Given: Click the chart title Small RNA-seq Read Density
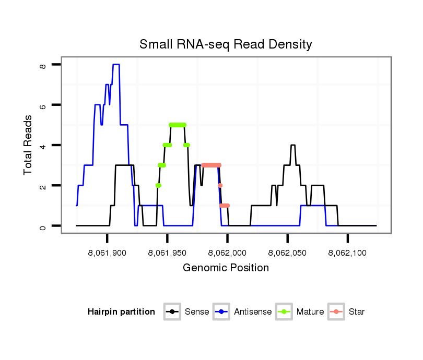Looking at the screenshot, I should (x=226, y=44).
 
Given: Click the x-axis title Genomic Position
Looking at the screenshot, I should (x=226, y=268).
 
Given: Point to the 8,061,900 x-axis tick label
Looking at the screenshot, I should (x=107, y=253).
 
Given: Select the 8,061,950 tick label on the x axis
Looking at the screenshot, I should (x=167, y=253).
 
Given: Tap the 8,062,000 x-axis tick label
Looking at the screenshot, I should (x=228, y=253).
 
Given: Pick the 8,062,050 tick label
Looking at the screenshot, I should (x=288, y=253).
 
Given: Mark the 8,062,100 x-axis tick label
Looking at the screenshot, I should (x=348, y=253).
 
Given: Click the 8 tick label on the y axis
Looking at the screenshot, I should (x=43, y=65).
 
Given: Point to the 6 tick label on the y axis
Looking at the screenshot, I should (x=43, y=105).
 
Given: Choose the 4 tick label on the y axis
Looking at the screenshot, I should (x=43, y=145).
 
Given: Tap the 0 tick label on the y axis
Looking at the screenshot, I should (x=43, y=226).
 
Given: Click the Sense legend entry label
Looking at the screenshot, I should (x=197, y=312).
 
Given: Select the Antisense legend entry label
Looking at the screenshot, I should (x=253, y=312).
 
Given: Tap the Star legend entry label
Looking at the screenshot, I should (x=357, y=312).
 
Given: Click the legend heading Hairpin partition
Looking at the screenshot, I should (x=121, y=312).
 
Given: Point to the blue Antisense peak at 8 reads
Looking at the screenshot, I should (x=116, y=65).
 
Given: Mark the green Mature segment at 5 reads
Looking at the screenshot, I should (x=178, y=125).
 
